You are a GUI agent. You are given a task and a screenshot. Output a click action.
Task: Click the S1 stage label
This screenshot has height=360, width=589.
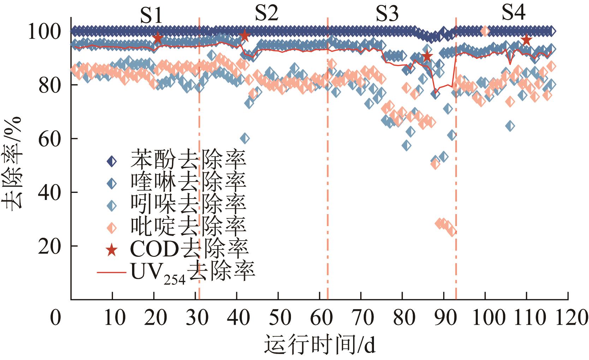152,16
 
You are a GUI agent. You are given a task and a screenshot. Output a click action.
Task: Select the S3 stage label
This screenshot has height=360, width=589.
387,14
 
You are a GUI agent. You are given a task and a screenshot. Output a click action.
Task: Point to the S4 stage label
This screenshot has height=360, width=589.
513,13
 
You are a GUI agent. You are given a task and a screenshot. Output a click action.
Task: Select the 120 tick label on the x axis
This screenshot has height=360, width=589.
568,317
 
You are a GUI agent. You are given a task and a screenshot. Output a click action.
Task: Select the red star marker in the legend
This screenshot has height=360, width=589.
112,250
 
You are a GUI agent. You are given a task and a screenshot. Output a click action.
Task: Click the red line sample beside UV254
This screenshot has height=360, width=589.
112,272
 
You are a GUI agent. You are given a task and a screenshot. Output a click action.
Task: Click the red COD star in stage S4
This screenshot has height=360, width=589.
526,40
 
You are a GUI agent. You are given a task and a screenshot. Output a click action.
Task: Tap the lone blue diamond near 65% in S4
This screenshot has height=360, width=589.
510,126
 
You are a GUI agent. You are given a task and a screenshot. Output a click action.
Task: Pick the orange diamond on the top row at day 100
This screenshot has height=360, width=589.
485,31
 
